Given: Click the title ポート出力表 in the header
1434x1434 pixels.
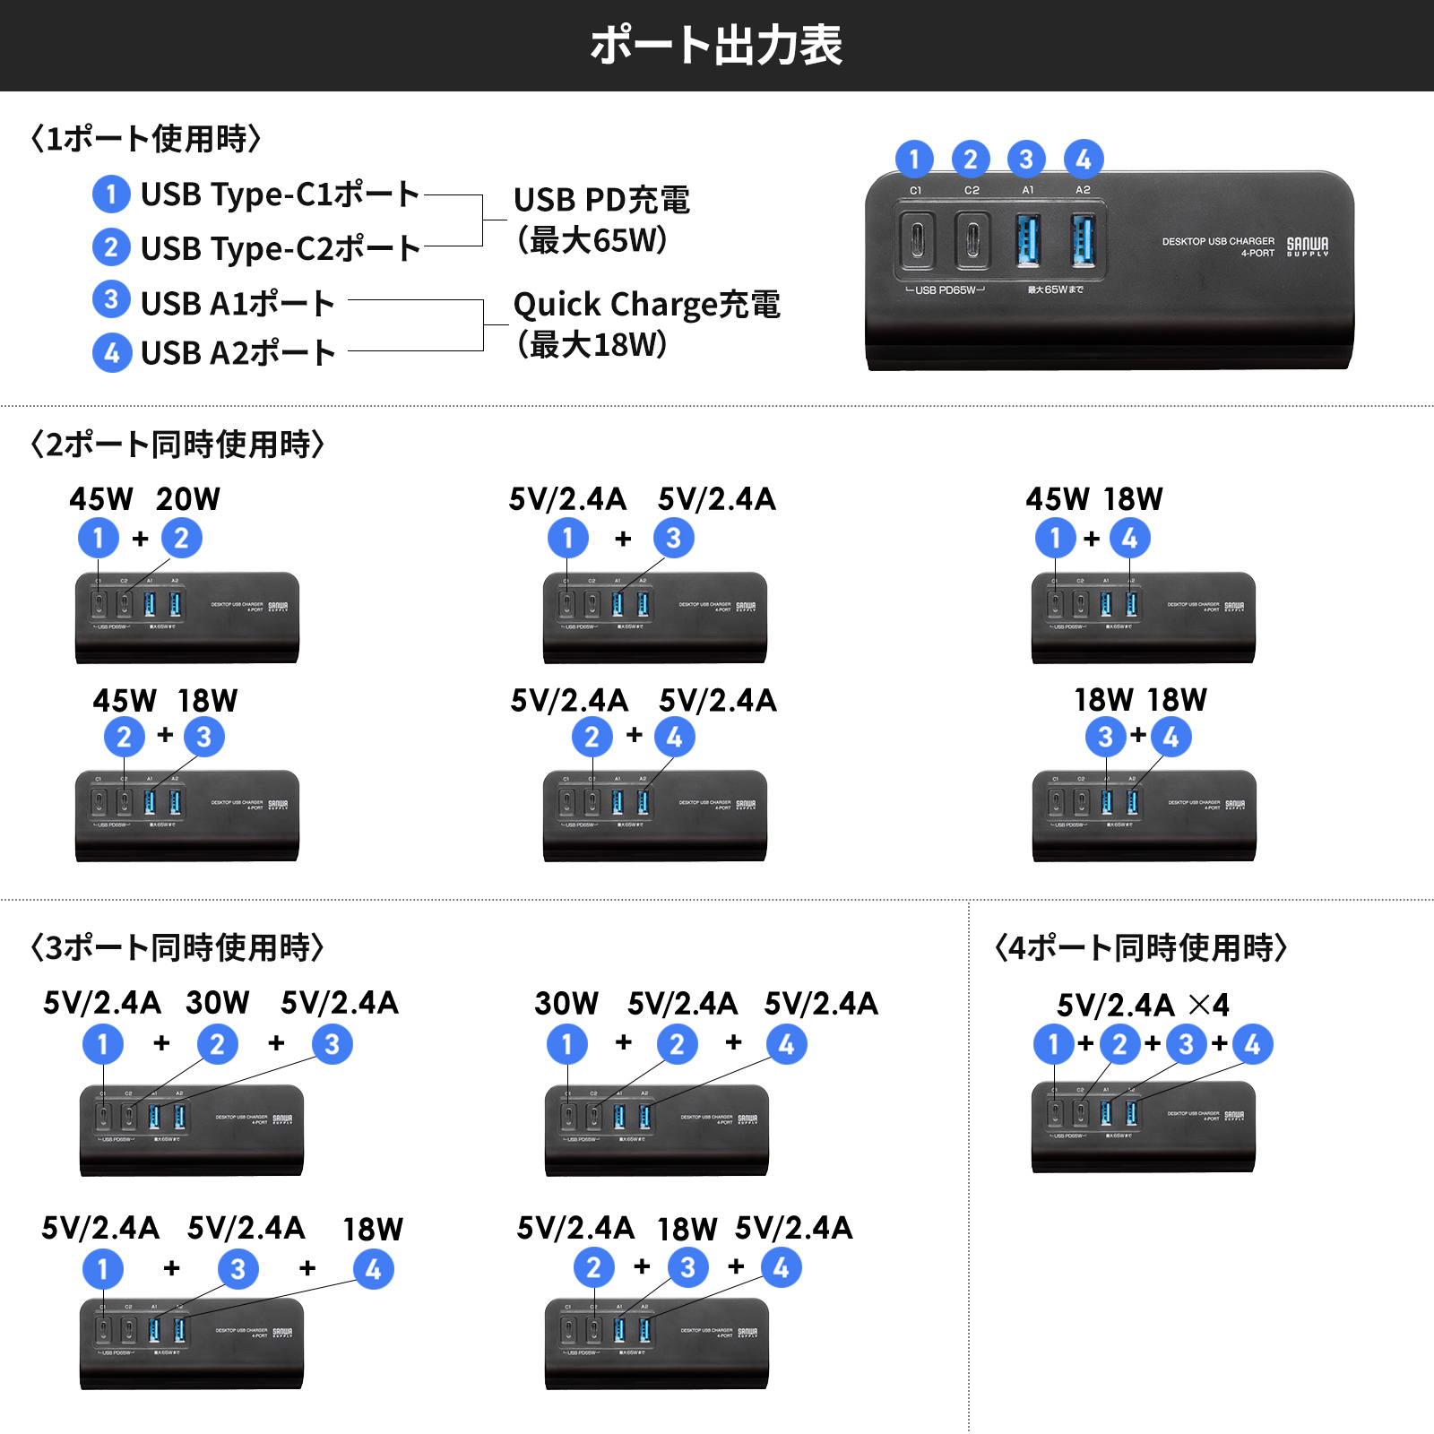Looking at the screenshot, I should coord(716,45).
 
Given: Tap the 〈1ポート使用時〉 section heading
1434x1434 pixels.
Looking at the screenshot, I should coord(146,139).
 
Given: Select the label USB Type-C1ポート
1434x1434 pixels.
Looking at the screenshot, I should coord(280,194).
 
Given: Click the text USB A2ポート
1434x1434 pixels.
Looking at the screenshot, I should coord(238,353).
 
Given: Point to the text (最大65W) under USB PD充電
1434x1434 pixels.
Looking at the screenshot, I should coord(592,240).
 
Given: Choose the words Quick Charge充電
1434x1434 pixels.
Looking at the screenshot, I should coord(646,305).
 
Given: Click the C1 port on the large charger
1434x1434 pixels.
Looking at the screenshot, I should coord(917,240).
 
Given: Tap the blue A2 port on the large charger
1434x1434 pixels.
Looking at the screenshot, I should coord(1083,240).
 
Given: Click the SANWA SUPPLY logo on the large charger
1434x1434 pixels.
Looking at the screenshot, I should coord(1308,246).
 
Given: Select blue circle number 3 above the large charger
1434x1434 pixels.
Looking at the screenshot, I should coord(1026,160).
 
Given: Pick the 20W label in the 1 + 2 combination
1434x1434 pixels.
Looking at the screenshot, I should coord(188,499).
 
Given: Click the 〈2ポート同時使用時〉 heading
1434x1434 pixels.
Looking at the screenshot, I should coord(177,445).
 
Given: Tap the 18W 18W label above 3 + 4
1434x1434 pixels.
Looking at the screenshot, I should coord(1141,700).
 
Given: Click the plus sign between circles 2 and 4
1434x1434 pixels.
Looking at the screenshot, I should coord(635,735).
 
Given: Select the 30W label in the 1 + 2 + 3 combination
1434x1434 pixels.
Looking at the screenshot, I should coord(218,1003).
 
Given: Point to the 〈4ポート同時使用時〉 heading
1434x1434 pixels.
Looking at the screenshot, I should coord(1141,947).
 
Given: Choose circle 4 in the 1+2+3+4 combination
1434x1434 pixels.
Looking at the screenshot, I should coord(1252,1044).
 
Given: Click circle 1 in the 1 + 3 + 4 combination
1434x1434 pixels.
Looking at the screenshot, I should coord(103,1269).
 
